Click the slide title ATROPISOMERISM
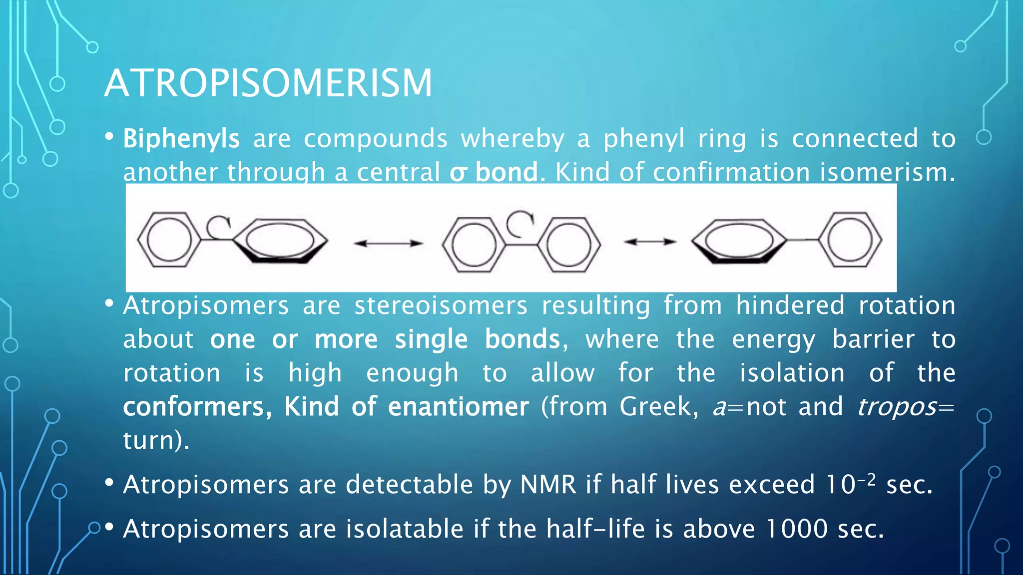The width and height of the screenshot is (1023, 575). click(268, 83)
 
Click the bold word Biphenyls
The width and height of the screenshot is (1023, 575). click(181, 139)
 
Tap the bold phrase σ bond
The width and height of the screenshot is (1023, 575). click(494, 172)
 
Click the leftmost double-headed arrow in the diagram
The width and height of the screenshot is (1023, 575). click(388, 243)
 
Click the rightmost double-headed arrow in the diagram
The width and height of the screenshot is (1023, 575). click(650, 242)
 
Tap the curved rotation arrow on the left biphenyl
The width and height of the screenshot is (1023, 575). click(219, 227)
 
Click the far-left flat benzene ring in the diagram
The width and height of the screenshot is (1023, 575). click(168, 240)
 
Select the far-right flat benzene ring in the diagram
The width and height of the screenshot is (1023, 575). click(850, 240)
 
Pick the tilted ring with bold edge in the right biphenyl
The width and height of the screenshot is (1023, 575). click(739, 241)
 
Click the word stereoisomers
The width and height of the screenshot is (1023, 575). click(441, 305)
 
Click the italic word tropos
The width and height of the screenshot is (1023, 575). click(897, 407)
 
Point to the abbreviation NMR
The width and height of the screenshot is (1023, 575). click(548, 485)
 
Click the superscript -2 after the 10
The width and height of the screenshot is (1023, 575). click(867, 480)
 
